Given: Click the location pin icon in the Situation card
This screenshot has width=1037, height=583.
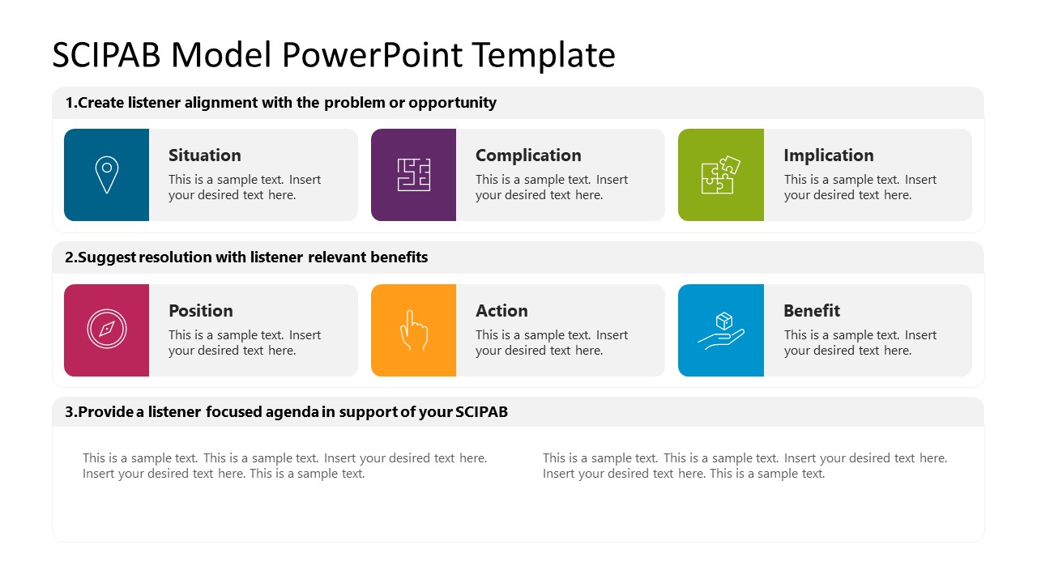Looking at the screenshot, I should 106,175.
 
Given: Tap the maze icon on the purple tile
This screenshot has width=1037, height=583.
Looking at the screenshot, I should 413,175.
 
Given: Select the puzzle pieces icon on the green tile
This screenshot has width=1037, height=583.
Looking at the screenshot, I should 720,175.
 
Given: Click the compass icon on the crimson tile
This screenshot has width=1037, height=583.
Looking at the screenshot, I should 106,330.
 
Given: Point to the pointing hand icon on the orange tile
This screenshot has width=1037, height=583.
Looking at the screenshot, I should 413,330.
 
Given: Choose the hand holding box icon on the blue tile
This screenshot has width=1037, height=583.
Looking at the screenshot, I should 720,330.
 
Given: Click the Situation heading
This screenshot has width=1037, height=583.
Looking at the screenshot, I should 204,155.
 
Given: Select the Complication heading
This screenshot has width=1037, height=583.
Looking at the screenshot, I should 528,155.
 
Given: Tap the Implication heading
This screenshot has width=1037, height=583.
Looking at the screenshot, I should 828,155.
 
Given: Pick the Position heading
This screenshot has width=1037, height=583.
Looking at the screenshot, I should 200,311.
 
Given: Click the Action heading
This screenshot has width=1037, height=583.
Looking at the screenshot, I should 501,311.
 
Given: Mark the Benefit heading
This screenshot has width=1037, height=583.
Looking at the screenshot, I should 812,311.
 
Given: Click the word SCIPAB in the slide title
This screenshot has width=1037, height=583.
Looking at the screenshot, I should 106,55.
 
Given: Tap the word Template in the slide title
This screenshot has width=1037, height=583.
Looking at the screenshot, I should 543,55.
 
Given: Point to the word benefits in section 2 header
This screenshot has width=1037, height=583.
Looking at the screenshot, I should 399,257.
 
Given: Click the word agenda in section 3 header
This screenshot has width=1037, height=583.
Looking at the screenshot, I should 292,412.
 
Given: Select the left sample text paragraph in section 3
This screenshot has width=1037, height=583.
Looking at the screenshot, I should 284,466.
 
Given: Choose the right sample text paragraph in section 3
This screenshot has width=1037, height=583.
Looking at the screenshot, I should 745,466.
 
